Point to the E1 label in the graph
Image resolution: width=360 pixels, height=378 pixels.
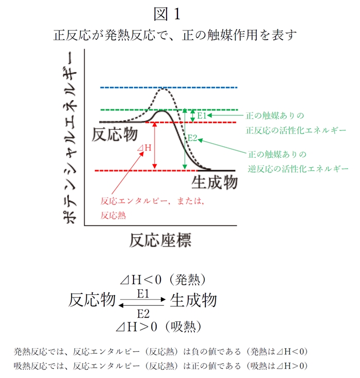(202, 116)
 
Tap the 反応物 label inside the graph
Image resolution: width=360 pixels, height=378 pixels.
(114, 134)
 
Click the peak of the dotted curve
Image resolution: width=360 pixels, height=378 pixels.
(164, 89)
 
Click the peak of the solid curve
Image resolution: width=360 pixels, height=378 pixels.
(162, 111)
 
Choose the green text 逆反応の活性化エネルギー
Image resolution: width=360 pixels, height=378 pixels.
(298, 169)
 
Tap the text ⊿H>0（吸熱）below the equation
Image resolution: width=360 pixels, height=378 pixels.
(160, 326)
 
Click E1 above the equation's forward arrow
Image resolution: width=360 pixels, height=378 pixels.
(143, 293)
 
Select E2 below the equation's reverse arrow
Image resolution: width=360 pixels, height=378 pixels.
(143, 313)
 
